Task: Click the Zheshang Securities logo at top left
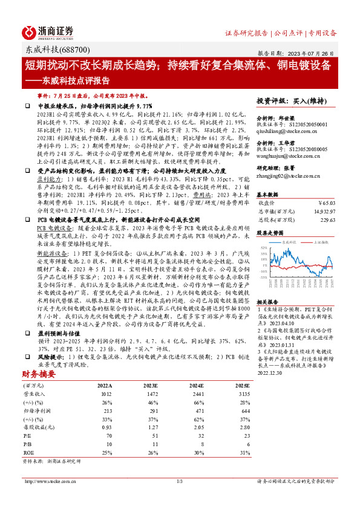coord(48,32)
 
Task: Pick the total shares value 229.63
coord(326,220)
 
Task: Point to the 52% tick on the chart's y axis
coord(263,248)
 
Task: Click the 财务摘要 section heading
coord(41,391)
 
